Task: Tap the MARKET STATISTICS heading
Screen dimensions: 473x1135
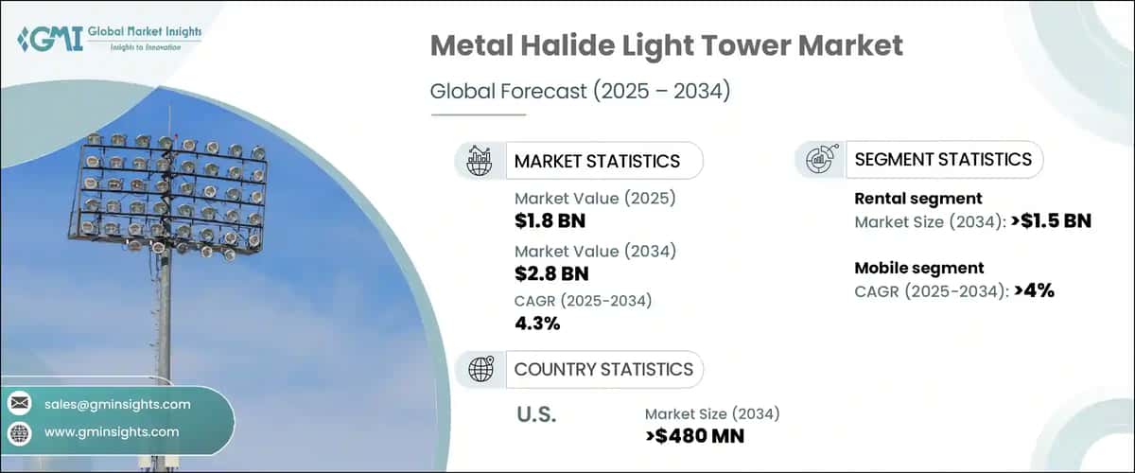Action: pos(596,161)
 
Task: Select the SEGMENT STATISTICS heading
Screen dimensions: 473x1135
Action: pos(942,160)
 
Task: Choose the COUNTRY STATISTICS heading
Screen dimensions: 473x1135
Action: pos(602,369)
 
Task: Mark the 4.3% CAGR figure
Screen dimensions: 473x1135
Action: pos(537,324)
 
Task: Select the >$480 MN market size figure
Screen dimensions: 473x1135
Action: pos(694,436)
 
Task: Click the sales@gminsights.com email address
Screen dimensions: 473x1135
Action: pos(117,404)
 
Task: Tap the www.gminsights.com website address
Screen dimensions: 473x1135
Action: pos(111,432)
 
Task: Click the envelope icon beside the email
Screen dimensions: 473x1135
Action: pos(19,404)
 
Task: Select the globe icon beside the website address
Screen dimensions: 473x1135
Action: pos(19,432)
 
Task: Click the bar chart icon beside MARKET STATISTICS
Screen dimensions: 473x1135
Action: pos(480,161)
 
